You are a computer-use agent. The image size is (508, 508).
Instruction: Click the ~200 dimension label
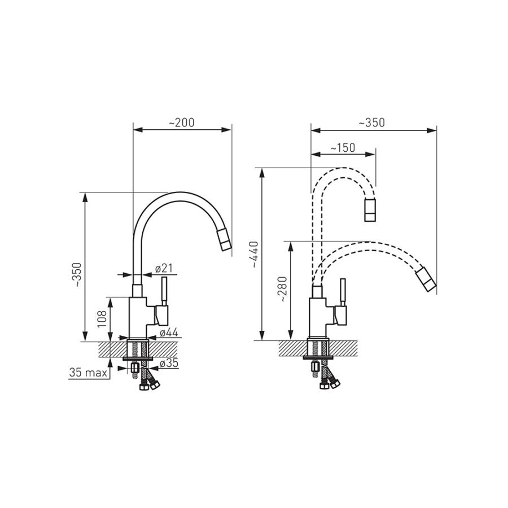[x=181, y=122]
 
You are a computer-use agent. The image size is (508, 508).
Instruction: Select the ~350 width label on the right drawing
[x=371, y=122]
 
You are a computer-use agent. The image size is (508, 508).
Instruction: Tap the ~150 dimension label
[x=343, y=148]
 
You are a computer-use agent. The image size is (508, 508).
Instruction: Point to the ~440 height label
[x=255, y=255]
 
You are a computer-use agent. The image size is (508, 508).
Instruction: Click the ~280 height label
[x=283, y=290]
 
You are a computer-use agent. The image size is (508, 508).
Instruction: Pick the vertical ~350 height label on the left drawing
[x=78, y=275]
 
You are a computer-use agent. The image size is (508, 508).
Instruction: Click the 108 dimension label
[x=102, y=319]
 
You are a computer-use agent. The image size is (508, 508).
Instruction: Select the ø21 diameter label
[x=164, y=268]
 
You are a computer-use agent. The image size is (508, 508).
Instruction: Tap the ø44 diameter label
[x=169, y=332]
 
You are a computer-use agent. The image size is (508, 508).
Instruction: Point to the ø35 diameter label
[x=169, y=363]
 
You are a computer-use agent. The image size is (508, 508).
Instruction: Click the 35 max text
[x=88, y=373]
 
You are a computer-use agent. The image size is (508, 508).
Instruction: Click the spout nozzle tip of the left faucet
[x=224, y=240]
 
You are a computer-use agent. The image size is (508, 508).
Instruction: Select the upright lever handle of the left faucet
[x=164, y=291]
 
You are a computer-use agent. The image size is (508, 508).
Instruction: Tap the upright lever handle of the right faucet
[x=343, y=292]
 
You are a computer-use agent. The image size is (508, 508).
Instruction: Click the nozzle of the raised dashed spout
[x=370, y=211]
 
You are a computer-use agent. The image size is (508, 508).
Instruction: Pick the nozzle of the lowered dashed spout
[x=426, y=279]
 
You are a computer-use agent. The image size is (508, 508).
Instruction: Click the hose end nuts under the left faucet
[x=148, y=384]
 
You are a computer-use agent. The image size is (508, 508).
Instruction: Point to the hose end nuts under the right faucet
[x=330, y=384]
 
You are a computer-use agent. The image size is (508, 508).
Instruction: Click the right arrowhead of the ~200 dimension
[x=227, y=130]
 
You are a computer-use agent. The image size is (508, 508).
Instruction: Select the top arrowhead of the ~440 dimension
[x=262, y=173]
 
